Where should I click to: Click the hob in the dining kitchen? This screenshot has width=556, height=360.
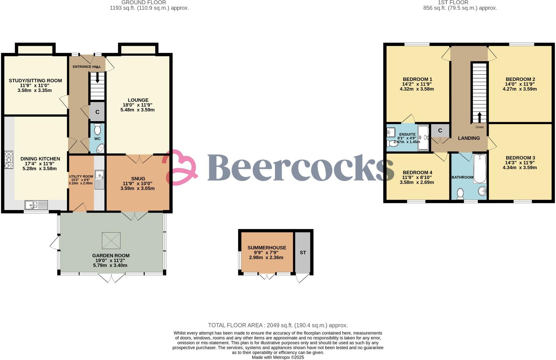[x=9, y=160]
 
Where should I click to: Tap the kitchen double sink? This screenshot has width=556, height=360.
[x=36, y=205]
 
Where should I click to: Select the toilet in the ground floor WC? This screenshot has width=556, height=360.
[x=97, y=129]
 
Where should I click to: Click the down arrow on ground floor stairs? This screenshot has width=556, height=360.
[x=97, y=78]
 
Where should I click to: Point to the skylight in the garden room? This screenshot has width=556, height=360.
[x=111, y=240]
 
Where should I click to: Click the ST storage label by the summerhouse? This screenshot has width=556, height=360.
[x=303, y=253]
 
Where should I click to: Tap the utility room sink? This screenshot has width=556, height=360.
[x=99, y=175]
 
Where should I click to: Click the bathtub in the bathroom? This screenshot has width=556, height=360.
[x=480, y=168]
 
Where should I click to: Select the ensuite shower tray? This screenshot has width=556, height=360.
[x=423, y=138]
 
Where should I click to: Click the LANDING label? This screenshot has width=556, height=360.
[x=469, y=138]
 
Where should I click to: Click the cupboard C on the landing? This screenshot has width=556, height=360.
[x=440, y=131]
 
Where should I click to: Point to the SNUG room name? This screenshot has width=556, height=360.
[x=138, y=179]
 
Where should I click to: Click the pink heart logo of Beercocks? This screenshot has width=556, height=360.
[x=180, y=167]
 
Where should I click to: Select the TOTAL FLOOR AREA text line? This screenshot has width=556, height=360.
[x=278, y=325]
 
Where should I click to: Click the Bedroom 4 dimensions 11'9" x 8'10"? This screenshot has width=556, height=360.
[x=417, y=177]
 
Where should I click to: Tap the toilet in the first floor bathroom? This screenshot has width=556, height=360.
[x=460, y=193]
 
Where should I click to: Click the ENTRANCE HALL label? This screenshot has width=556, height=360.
[x=87, y=67]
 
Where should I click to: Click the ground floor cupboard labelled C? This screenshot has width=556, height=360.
[x=97, y=112]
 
